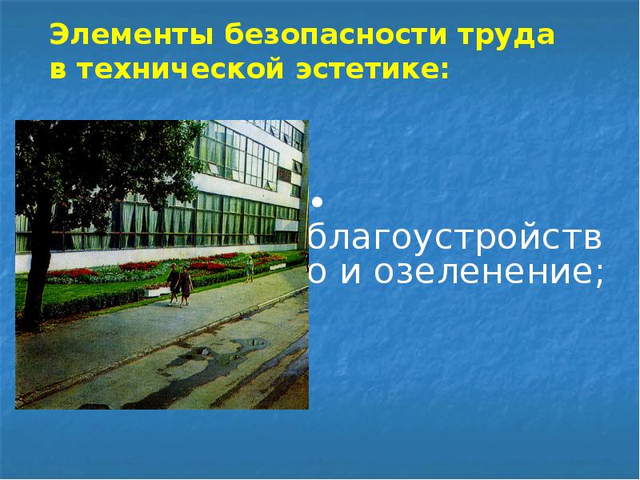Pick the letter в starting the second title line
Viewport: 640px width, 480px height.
tap(57, 70)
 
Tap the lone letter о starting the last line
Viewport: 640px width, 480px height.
tap(318, 274)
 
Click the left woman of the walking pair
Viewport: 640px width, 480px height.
tap(174, 284)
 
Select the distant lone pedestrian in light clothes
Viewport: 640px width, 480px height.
tap(250, 267)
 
